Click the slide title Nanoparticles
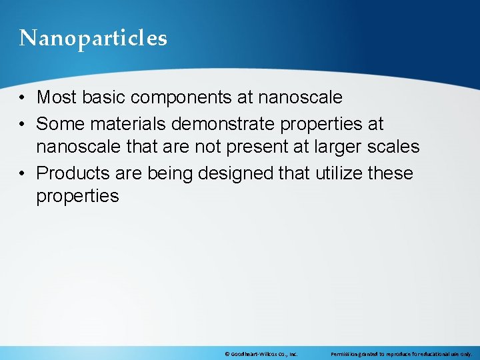coord(93,39)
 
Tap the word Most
coord(57,97)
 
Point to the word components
coord(181,98)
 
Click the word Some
coord(58,123)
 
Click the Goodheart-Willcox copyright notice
coord(261,353)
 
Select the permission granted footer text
coord(401,353)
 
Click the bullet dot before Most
coord(23,98)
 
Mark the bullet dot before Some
coord(23,124)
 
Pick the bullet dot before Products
coord(23,174)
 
